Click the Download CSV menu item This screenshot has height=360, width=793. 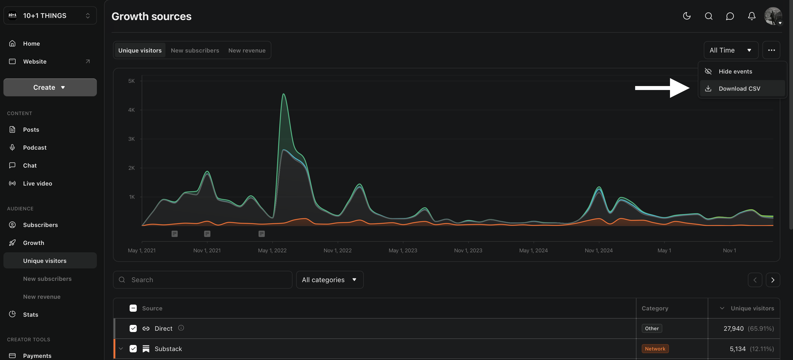pos(739,89)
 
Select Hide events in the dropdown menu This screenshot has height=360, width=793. pos(735,71)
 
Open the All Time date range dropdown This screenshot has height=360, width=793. pos(730,50)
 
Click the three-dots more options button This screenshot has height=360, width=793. pos(771,50)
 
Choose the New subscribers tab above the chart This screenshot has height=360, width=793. pos(195,50)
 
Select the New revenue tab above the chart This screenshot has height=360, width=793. pos(247,50)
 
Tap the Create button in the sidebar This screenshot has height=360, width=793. pos(50,87)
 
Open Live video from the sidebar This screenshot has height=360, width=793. pos(37,183)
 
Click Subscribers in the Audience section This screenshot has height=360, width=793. pos(40,225)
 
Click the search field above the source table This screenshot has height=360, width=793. pos(203,280)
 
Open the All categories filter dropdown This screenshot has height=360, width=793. pos(329,280)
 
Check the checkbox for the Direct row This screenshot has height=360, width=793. pos(133,328)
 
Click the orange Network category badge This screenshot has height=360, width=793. pos(655,349)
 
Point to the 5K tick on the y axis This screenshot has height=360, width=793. pos(131,81)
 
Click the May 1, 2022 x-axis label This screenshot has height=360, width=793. pos(272,250)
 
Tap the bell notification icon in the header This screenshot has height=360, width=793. pos(752,16)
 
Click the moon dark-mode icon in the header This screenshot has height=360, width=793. pos(687,16)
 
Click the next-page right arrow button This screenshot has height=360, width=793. pos(772,280)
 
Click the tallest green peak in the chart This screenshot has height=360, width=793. pos(284,94)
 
